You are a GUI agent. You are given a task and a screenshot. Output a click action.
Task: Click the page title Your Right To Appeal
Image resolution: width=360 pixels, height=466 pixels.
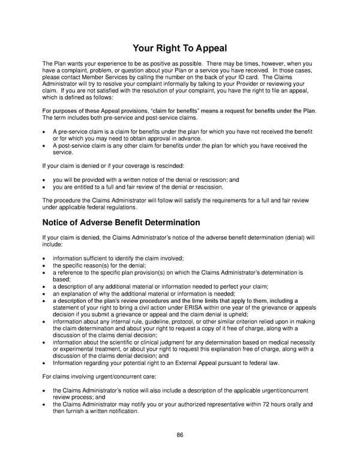(x=180, y=47)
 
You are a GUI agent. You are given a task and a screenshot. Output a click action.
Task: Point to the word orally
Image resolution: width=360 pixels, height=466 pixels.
(x=291, y=404)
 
